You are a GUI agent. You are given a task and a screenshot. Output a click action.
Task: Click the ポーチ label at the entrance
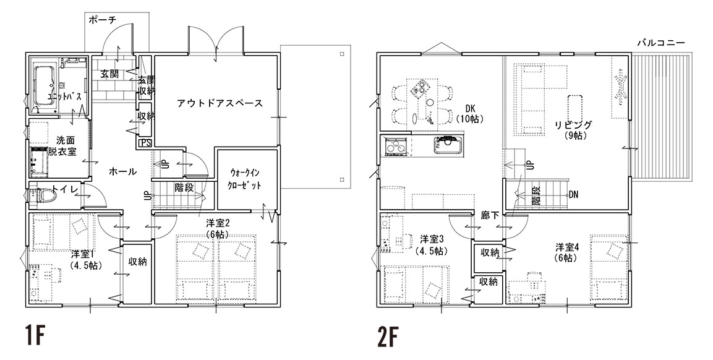click(102, 20)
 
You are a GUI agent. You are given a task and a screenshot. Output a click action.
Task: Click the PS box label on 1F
click(145, 143)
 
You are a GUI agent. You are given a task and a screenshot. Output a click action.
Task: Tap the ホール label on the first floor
click(123, 171)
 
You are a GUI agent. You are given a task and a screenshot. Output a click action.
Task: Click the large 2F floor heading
click(388, 336)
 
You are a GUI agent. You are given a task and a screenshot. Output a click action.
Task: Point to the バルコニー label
click(660, 42)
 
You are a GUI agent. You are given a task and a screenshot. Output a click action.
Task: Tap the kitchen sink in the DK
click(449, 145)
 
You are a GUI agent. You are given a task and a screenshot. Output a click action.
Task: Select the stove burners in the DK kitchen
click(395, 146)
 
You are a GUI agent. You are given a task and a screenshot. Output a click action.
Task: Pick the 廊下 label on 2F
click(489, 216)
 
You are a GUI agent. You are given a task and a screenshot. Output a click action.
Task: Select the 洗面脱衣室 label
click(66, 145)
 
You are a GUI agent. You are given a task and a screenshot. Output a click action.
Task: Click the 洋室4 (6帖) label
click(566, 252)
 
